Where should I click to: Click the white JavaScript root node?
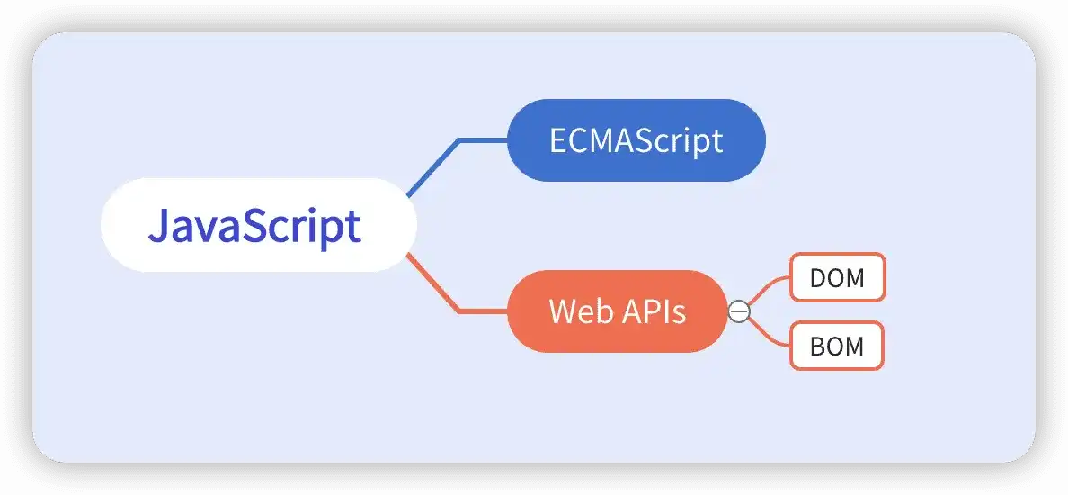coord(259,225)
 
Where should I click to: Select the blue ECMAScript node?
coord(636,140)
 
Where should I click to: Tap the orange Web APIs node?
coord(617,311)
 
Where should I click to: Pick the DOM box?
coord(837,277)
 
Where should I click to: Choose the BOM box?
coord(837,346)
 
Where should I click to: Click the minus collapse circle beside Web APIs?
coord(738,311)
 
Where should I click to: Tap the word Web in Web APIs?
coord(574,311)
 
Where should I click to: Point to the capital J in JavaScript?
coord(157,226)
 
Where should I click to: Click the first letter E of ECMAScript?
coord(557,140)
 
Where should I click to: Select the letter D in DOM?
coord(818,278)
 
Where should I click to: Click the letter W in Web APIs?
coord(562,311)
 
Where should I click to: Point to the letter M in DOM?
coord(855,278)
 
